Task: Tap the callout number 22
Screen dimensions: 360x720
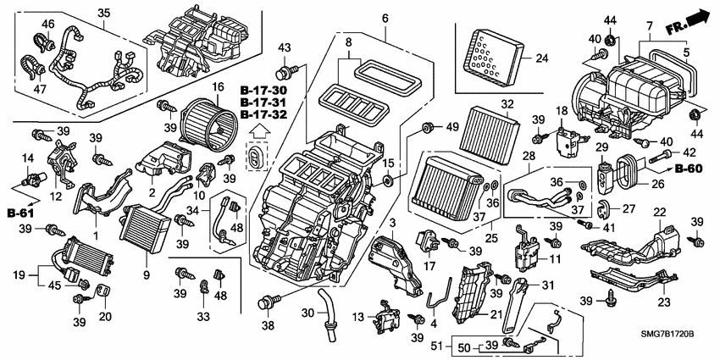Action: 657,212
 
